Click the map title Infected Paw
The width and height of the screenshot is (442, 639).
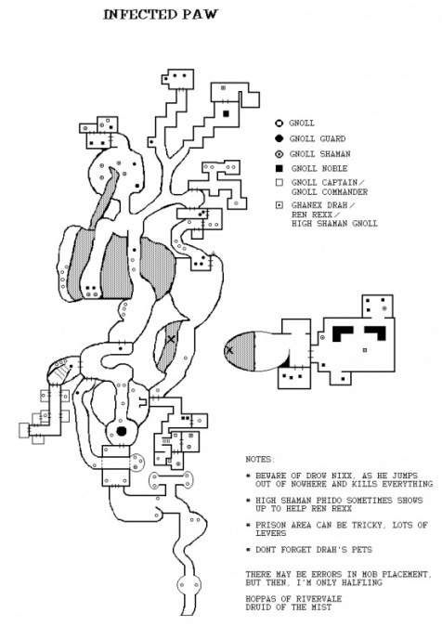[161, 15]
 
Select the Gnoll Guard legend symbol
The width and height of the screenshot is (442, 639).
[279, 138]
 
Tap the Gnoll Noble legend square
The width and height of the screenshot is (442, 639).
[279, 168]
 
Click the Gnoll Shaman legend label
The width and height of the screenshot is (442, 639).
[319, 154]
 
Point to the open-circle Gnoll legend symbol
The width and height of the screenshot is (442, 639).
[279, 124]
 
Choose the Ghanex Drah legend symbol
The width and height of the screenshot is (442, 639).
[279, 205]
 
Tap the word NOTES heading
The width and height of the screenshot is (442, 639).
[260, 459]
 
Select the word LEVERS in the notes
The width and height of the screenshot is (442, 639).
[271, 533]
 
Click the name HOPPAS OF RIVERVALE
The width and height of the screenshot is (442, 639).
[293, 599]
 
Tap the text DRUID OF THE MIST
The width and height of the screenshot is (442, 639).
[289, 606]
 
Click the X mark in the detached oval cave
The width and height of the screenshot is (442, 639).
[229, 349]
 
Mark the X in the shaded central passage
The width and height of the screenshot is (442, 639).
[171, 339]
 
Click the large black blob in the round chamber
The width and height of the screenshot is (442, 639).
[121, 431]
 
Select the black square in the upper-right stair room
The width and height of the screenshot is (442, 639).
[226, 113]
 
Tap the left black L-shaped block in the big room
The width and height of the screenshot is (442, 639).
[343, 333]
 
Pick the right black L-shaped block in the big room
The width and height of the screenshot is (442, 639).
[375, 333]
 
